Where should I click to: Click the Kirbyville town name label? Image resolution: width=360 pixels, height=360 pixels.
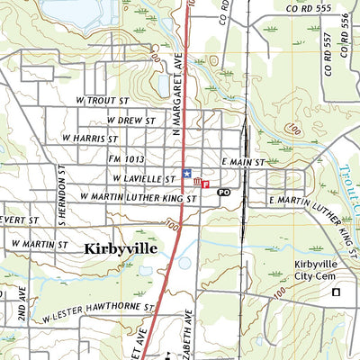coord(128,248)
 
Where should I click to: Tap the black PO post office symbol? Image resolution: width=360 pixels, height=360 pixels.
coord(223,193)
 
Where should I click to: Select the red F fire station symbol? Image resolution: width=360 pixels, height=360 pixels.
coord(206,184)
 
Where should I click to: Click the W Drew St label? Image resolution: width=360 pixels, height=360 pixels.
coord(131,120)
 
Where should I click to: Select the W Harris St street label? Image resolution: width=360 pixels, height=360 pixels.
coord(90,139)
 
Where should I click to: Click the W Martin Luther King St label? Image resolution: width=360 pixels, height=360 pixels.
coord(138,195)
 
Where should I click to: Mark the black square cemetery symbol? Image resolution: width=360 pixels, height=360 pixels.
coord(337,292)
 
